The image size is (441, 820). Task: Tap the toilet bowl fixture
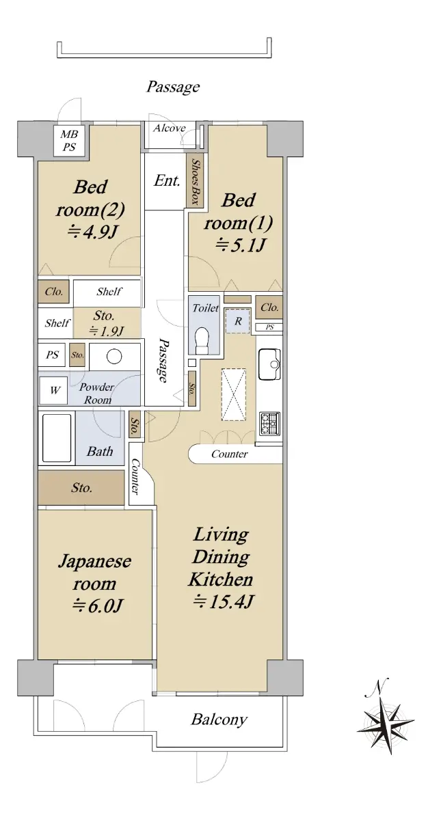click(x=202, y=340)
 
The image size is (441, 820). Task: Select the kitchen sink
click(x=269, y=364)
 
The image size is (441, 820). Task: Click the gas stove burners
click(x=269, y=423)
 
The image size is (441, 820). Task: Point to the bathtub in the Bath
click(x=57, y=438)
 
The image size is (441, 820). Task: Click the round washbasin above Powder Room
click(x=114, y=356)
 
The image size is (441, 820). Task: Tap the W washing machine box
click(x=54, y=390)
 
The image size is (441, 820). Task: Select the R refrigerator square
click(x=238, y=321)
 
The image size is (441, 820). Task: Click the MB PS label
click(x=69, y=141)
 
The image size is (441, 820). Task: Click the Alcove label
click(x=170, y=128)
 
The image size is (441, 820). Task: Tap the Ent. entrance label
click(x=167, y=180)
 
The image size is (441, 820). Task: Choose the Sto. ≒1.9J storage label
click(x=105, y=323)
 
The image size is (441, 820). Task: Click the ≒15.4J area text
click(x=224, y=601)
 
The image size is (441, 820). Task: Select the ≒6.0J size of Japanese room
click(x=96, y=606)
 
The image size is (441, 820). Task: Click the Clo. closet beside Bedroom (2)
click(x=54, y=291)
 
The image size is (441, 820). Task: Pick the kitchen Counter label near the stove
click(x=229, y=454)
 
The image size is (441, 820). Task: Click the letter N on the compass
click(x=377, y=685)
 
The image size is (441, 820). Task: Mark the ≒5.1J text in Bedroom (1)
click(x=239, y=245)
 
